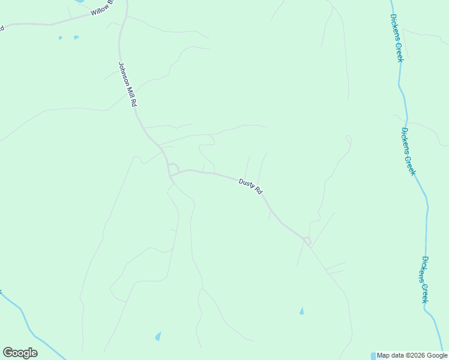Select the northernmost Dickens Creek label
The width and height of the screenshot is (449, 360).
[x=396, y=37]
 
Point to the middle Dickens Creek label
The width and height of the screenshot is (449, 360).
[x=408, y=151]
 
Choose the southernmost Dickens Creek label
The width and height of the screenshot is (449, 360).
[x=424, y=280]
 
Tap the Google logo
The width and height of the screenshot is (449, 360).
[x=20, y=353]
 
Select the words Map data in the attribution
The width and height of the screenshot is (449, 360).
[x=390, y=356]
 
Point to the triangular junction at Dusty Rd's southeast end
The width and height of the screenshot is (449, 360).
[x=307, y=241]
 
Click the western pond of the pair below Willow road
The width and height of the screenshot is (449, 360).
[x=60, y=38]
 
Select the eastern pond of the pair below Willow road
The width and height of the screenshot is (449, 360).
[x=76, y=37]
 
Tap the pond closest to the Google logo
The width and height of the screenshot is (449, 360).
[x=158, y=336]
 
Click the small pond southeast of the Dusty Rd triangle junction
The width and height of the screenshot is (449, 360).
[x=301, y=311]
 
